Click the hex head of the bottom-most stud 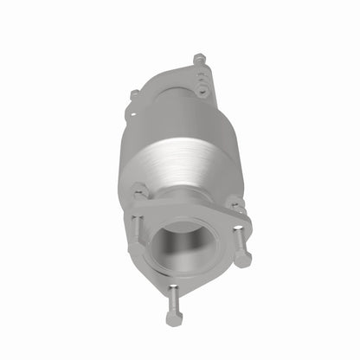tap(175, 318)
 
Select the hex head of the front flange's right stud tap(244, 259)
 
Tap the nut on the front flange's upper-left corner tap(138, 188)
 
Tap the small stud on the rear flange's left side tap(134, 93)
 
